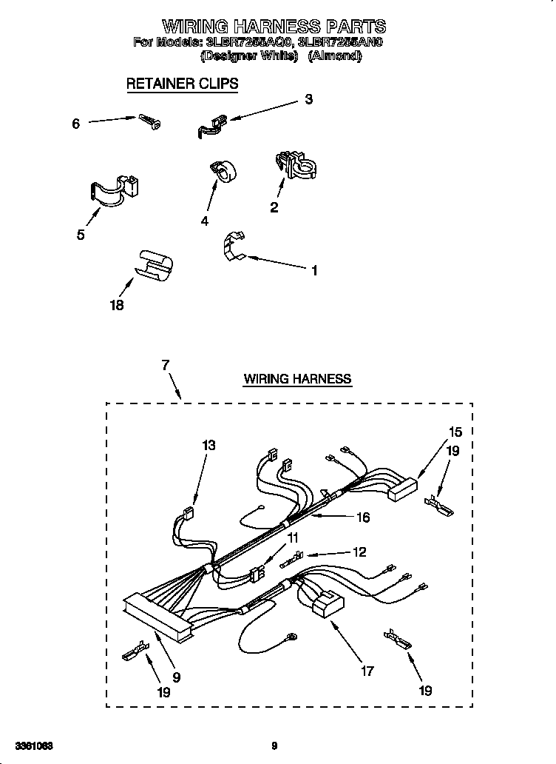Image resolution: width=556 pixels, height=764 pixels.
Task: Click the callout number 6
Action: click(x=75, y=124)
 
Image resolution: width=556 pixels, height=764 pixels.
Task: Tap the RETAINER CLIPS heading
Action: click(x=182, y=84)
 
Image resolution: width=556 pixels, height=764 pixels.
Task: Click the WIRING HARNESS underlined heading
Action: click(x=297, y=379)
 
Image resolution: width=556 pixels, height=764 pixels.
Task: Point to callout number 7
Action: click(x=166, y=364)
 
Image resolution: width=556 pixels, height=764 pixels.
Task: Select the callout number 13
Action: click(x=208, y=445)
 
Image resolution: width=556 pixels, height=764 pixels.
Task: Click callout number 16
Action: click(x=362, y=517)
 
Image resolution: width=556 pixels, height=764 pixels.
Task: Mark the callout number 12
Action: click(x=360, y=552)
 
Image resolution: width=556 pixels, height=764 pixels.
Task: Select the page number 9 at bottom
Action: click(x=274, y=745)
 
